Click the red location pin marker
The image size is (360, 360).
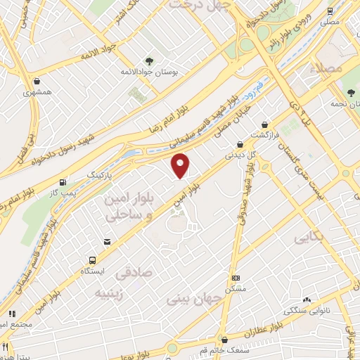[x=181, y=166]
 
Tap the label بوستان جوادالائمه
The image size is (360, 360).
[x=155, y=72]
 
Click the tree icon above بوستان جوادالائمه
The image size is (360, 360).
[x=148, y=60]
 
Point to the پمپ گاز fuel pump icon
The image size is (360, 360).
[x=65, y=181]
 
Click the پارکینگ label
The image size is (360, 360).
[x=99, y=172]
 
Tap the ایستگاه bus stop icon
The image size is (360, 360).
[x=94, y=259]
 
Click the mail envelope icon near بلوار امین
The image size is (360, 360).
[x=106, y=241]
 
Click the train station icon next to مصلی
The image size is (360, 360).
[x=330, y=12]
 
